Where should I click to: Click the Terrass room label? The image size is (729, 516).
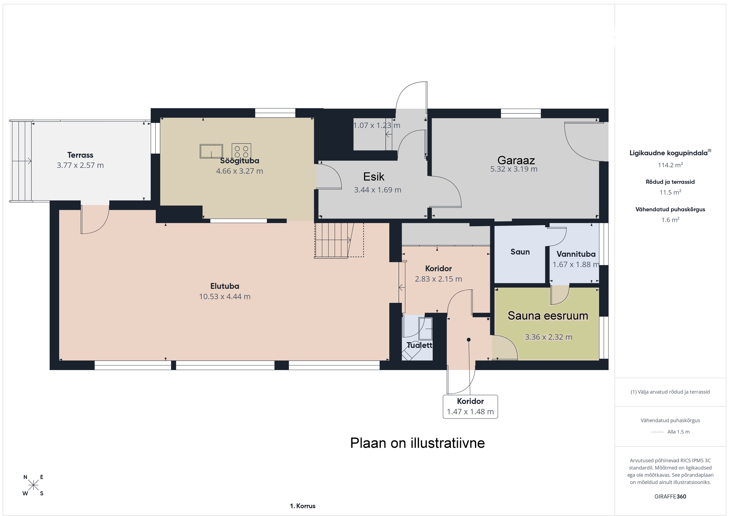pyautogui.click(x=80, y=155)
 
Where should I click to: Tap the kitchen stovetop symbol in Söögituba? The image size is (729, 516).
pyautogui.click(x=241, y=151)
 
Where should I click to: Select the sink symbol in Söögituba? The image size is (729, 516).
pyautogui.click(x=211, y=151)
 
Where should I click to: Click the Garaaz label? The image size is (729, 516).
pyautogui.click(x=516, y=160)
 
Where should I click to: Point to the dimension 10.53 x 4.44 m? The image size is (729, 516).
pyautogui.click(x=225, y=296)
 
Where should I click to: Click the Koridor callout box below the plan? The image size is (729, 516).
pyautogui.click(x=470, y=407)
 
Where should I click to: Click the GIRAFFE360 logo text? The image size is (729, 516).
pyautogui.click(x=670, y=496)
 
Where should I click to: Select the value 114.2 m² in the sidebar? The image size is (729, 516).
pyautogui.click(x=670, y=165)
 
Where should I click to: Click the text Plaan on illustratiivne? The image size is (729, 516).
pyautogui.click(x=418, y=443)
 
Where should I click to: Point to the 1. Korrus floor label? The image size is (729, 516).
pyautogui.click(x=303, y=506)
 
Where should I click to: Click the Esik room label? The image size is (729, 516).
pyautogui.click(x=374, y=177)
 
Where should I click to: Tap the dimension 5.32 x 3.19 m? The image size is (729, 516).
pyautogui.click(x=514, y=169)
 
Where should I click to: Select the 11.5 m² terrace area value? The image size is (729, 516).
pyautogui.click(x=670, y=192)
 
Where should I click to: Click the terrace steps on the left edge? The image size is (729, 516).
pyautogui.click(x=21, y=161)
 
